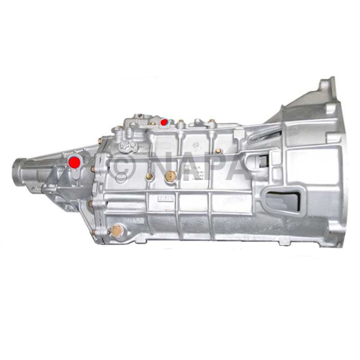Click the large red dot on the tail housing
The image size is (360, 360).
coord(75,161)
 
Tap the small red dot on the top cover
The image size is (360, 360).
coord(164,122)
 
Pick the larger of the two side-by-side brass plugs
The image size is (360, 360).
coord(170,175)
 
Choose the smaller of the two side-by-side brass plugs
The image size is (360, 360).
coord(150,176)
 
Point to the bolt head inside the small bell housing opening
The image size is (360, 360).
coord(264,160)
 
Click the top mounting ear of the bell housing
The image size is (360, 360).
coord(327,84)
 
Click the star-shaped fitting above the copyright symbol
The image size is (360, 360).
coord(126,146)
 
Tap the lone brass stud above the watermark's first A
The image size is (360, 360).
coord(219,151)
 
